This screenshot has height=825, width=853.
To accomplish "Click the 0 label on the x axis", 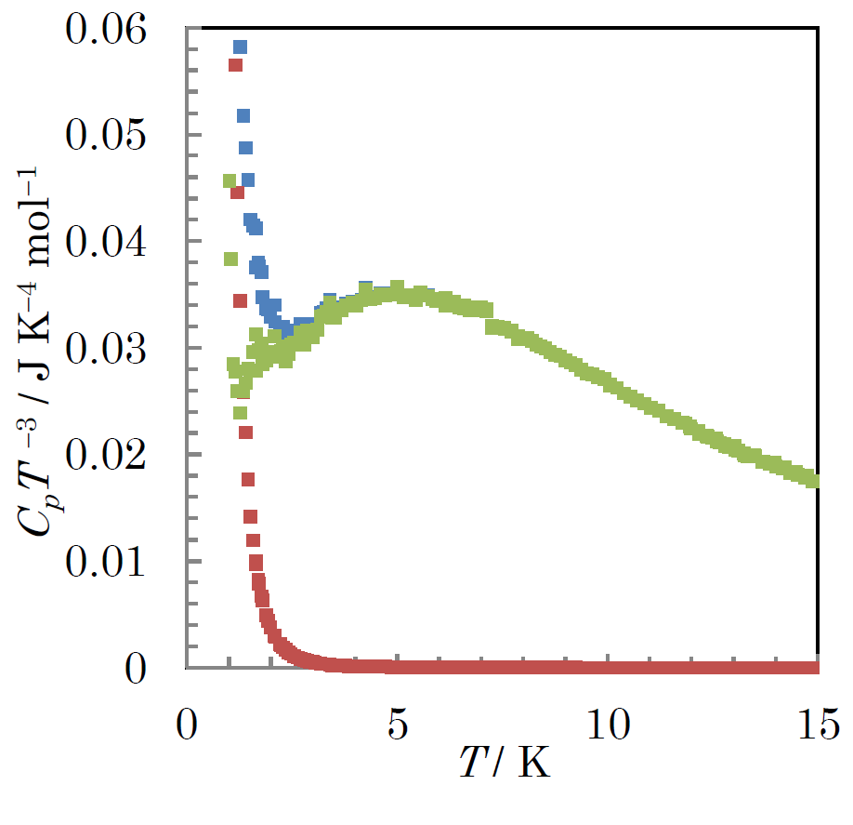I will click(x=187, y=723).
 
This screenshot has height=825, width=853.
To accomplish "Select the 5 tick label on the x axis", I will click(x=397, y=723).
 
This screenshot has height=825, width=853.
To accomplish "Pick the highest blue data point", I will click(x=240, y=47).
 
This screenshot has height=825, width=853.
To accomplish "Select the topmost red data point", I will click(x=235, y=64).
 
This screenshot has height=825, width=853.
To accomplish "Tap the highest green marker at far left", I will click(x=230, y=180).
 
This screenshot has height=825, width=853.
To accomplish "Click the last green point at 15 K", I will click(x=813, y=481).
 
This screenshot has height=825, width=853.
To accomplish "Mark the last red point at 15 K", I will click(x=813, y=668).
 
